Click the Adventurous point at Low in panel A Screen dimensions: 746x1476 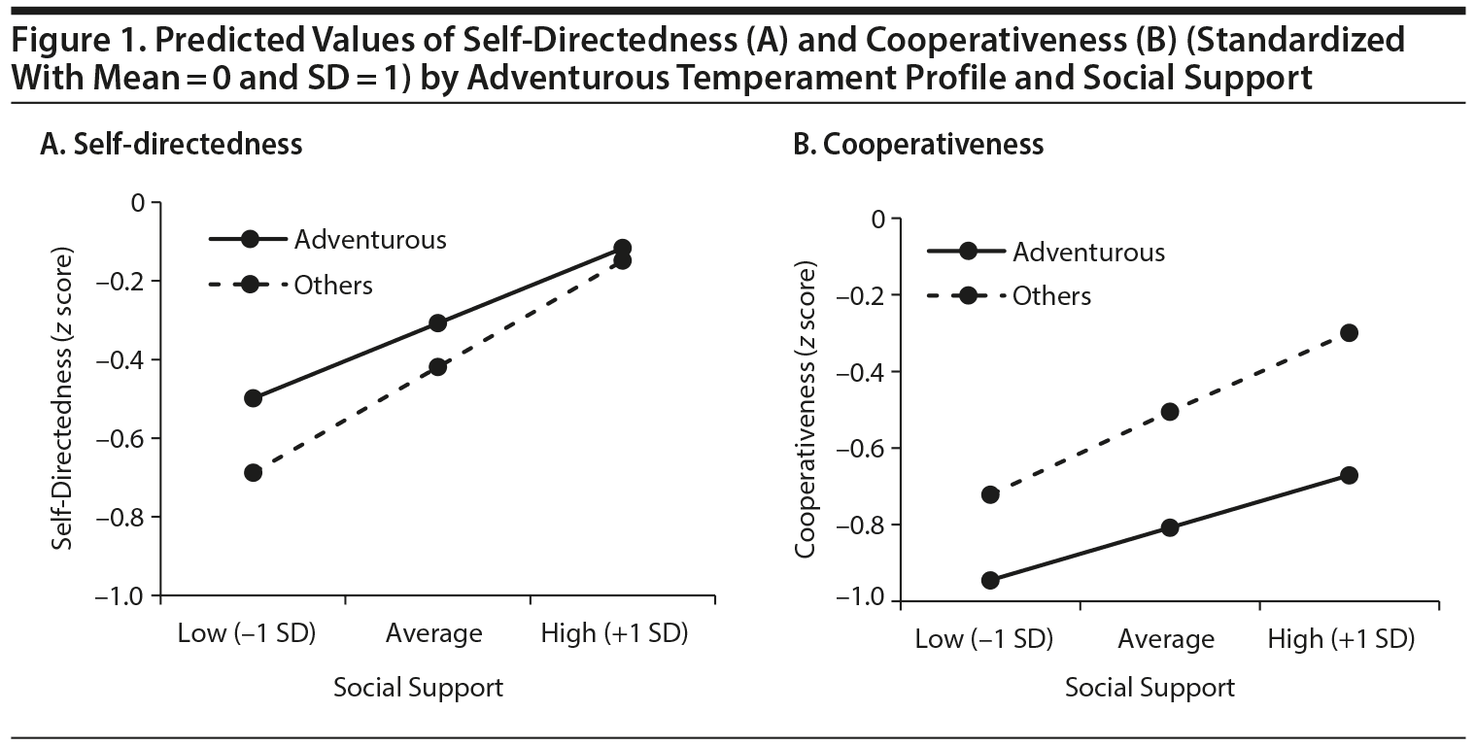pyautogui.click(x=254, y=398)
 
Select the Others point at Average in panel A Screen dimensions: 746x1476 pyautogui.click(x=438, y=367)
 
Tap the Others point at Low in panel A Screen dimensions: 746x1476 pyautogui.click(x=254, y=473)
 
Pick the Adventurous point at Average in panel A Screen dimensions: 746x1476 pyautogui.click(x=438, y=323)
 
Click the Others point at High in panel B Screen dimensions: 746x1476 pyautogui.click(x=1349, y=333)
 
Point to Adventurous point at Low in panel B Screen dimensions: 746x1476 pyautogui.click(x=990, y=581)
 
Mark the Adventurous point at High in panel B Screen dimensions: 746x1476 pyautogui.click(x=1349, y=475)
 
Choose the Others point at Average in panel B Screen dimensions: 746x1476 pyautogui.click(x=1170, y=412)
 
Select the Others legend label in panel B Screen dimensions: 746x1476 pyautogui.click(x=1051, y=296)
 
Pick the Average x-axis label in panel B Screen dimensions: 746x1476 pyautogui.click(x=1166, y=639)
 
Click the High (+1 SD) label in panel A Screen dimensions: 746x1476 pyautogui.click(x=614, y=634)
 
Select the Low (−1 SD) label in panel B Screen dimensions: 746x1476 pyautogui.click(x=983, y=639)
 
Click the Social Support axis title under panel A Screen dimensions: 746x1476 pyautogui.click(x=419, y=689)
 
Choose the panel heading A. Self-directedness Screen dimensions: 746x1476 pyautogui.click(x=171, y=145)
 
